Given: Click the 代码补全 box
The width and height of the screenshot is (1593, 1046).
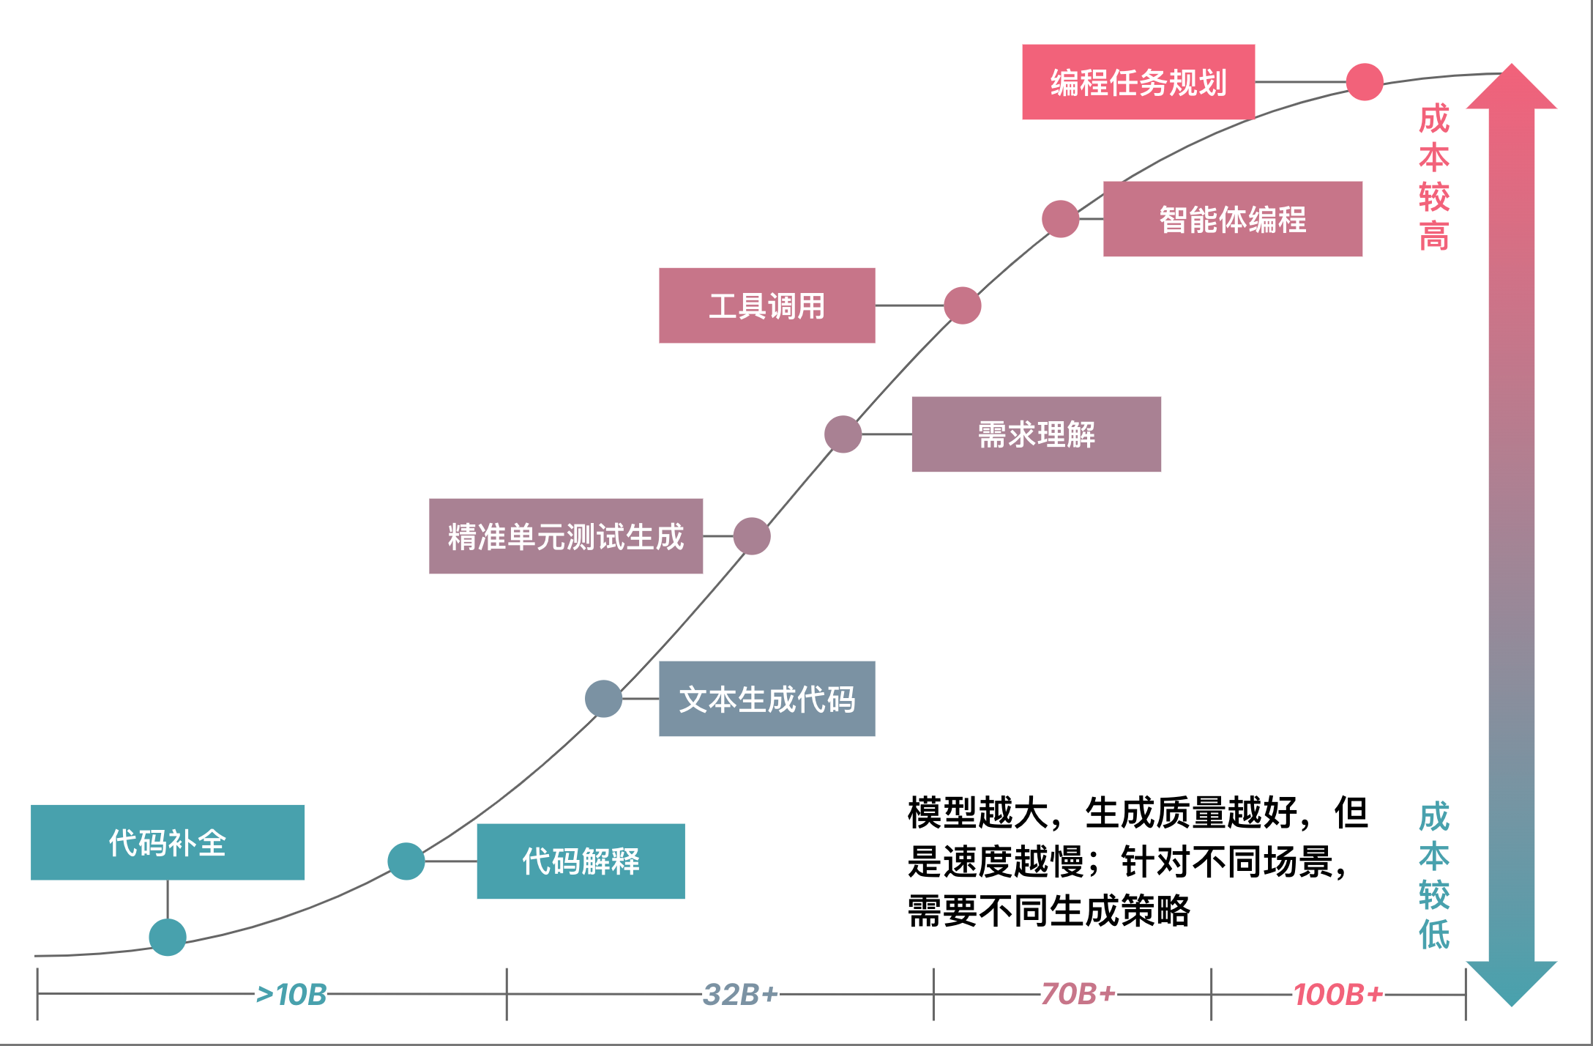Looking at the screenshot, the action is click(x=168, y=842).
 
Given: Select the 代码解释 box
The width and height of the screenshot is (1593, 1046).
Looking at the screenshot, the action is click(x=581, y=861).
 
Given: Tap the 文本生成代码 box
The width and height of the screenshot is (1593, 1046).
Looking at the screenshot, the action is click(x=767, y=699).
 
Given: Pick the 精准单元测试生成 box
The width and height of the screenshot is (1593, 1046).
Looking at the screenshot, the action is click(x=566, y=536).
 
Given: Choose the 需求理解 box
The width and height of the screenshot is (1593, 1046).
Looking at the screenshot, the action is click(x=1037, y=434).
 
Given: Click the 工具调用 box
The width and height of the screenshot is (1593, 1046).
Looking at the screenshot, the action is click(x=767, y=305).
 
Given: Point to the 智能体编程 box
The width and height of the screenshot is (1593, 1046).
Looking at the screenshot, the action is click(x=1233, y=219).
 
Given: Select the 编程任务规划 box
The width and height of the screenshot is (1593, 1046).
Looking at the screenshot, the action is click(x=1138, y=82).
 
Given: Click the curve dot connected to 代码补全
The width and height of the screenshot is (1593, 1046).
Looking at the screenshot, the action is click(x=168, y=937).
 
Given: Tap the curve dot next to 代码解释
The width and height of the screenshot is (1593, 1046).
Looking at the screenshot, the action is click(x=406, y=861).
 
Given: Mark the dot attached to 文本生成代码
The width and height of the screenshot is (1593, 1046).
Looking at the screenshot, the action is click(x=604, y=699).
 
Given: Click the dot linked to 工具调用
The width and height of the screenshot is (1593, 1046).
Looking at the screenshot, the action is click(x=963, y=305).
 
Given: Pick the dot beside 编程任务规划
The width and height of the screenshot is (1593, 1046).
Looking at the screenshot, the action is click(x=1365, y=81).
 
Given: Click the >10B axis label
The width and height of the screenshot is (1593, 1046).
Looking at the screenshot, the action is click(x=291, y=995).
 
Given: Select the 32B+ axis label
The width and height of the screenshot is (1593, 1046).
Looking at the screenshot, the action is click(x=740, y=995).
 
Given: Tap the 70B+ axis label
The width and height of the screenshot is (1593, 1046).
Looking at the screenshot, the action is click(x=1078, y=994).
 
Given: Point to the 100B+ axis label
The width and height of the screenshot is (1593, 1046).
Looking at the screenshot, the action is click(x=1338, y=995).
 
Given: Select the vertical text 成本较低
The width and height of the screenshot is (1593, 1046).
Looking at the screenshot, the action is click(x=1434, y=875).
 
